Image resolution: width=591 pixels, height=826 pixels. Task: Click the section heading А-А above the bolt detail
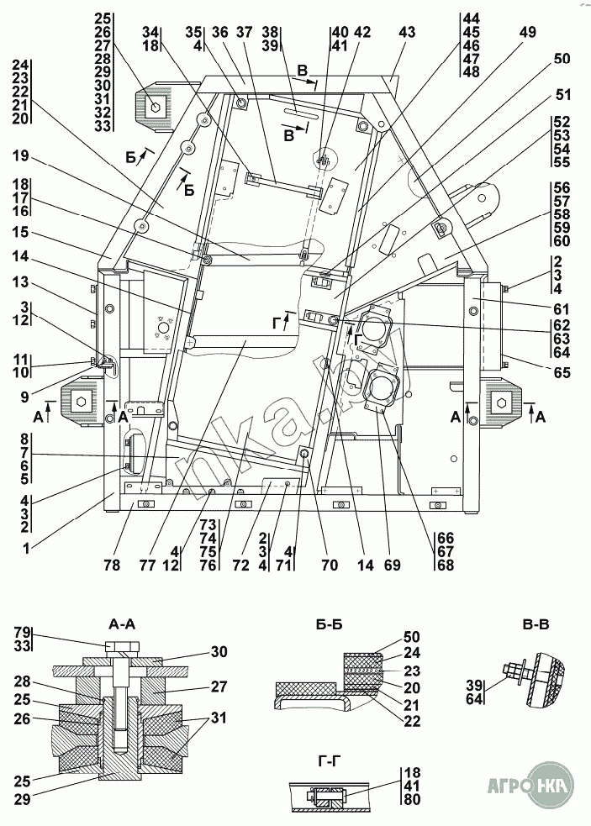[123, 624]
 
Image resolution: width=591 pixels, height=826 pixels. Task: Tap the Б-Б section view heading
[330, 624]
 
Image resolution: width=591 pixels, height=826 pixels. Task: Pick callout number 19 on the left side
[21, 155]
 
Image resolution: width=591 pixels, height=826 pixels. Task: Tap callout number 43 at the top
[407, 32]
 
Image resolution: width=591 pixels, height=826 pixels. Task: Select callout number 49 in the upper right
[527, 32]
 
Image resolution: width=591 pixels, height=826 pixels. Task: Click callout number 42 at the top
[362, 32]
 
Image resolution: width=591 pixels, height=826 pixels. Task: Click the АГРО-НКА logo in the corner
[529, 787]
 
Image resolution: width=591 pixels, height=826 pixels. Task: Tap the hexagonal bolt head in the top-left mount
[155, 106]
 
